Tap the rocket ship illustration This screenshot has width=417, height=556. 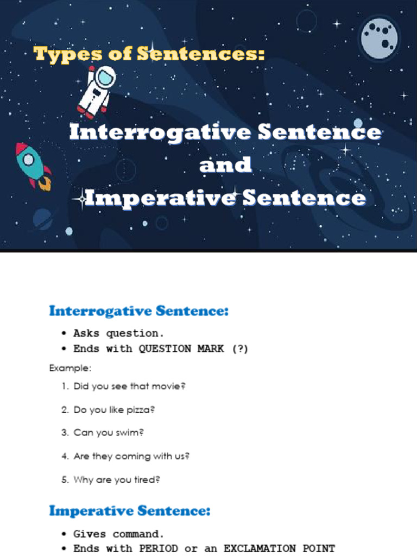coord(32,165)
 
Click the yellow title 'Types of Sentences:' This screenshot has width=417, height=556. coord(149,55)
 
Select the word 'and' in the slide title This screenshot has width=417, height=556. coord(225,165)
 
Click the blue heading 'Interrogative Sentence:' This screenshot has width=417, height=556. coord(139,311)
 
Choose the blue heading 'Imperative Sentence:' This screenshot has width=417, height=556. coord(130,511)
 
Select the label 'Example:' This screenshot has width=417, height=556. coord(70,368)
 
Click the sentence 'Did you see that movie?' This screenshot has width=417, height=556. coord(129,387)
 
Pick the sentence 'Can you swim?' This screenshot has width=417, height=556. coord(109,433)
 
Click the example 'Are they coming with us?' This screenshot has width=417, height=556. coord(131,457)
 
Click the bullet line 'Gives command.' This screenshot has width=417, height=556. coord(118,534)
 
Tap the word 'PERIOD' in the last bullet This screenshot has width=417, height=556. coord(159,548)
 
